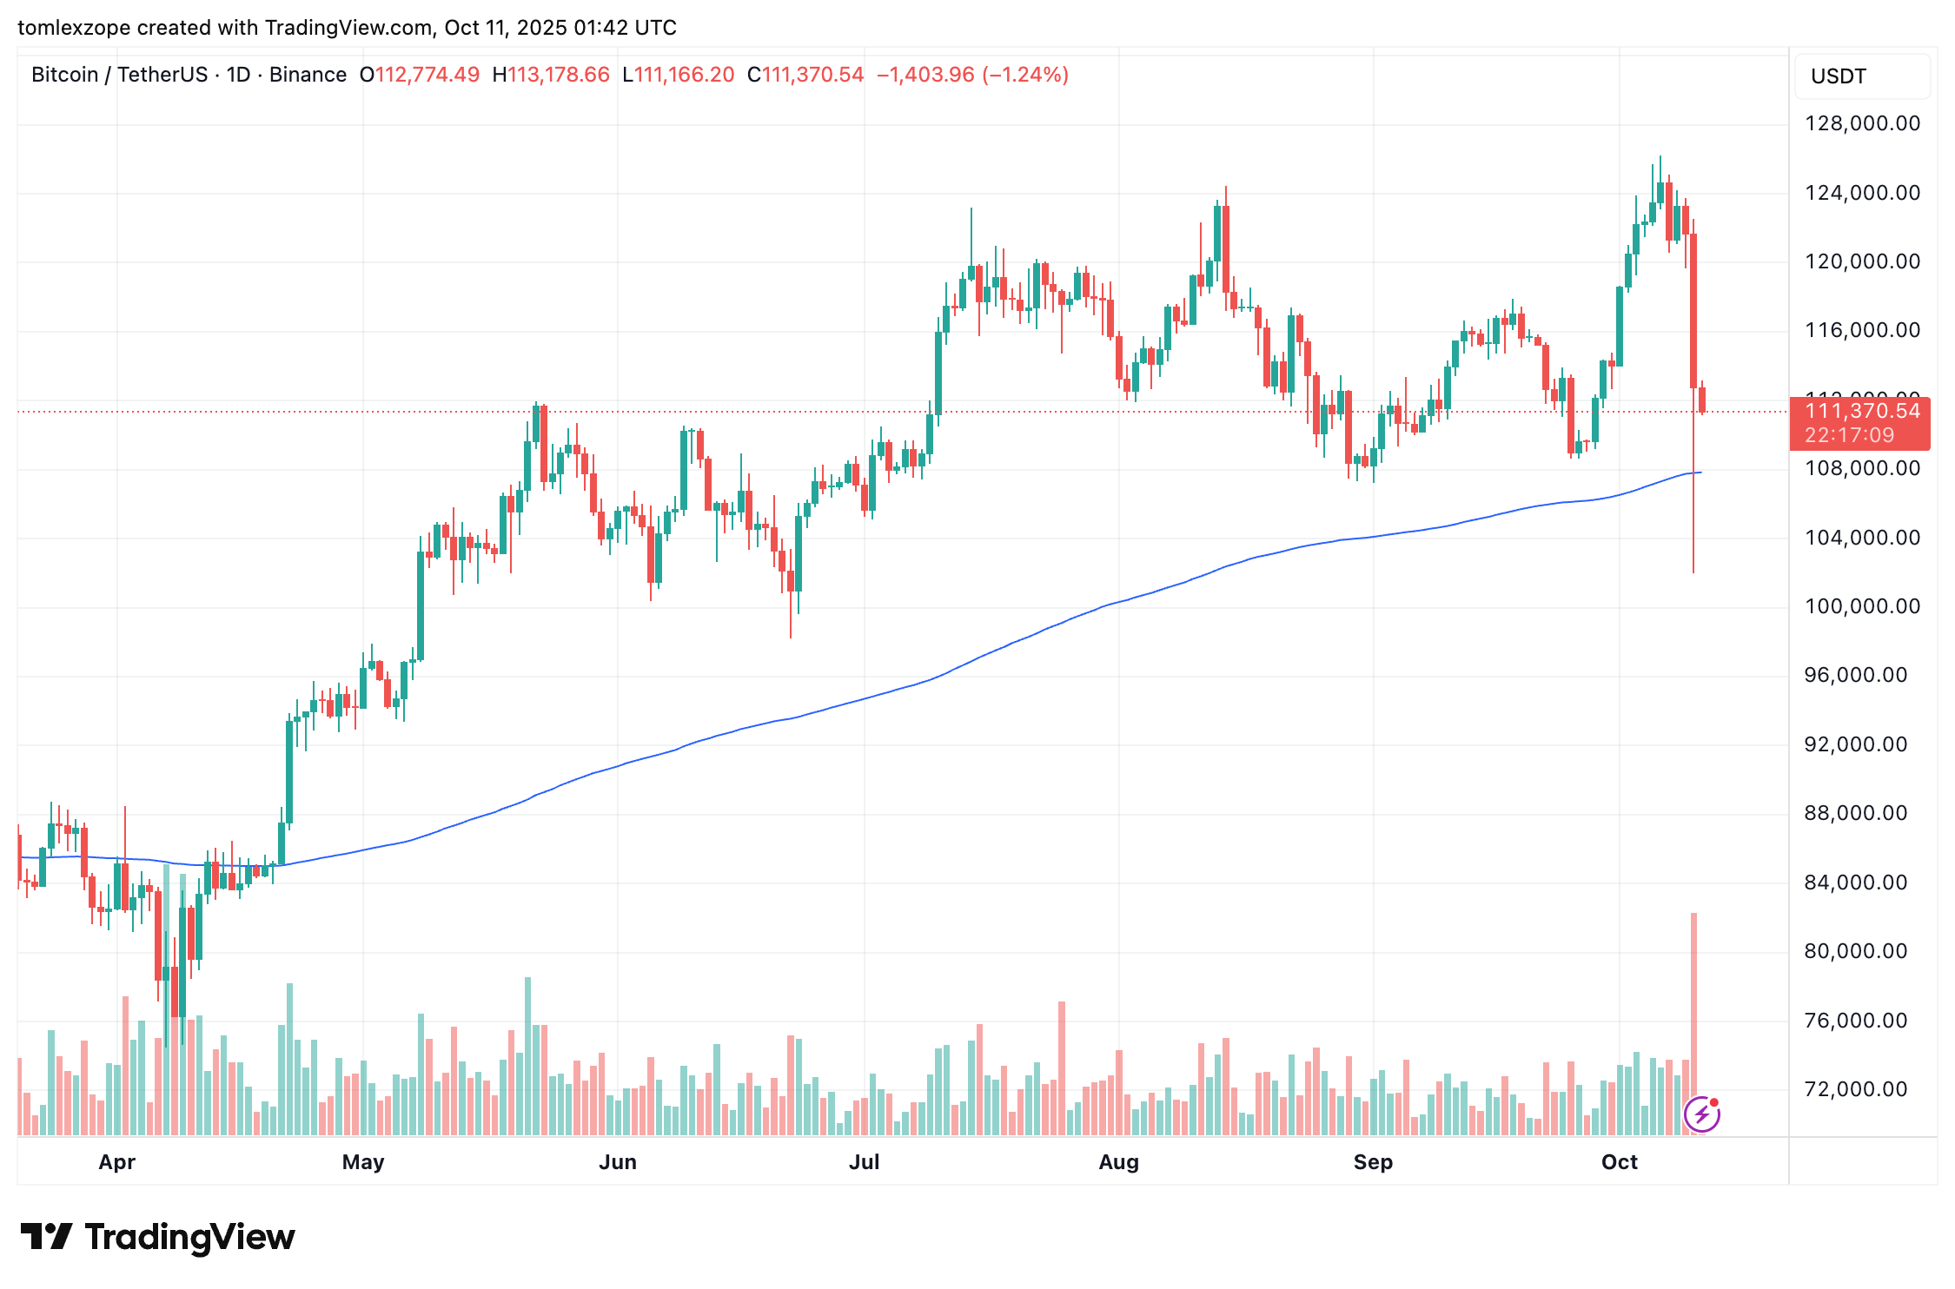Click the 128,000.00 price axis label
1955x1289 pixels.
click(1862, 123)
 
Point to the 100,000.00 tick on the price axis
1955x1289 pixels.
click(1862, 606)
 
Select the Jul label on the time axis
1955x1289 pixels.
click(864, 1162)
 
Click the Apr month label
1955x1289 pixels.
click(116, 1162)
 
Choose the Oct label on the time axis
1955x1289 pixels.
click(1619, 1162)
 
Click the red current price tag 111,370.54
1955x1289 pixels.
click(1862, 411)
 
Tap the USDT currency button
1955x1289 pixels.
click(1838, 76)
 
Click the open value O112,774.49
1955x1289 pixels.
click(420, 75)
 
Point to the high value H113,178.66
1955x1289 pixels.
click(551, 75)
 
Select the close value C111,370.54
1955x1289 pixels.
click(805, 75)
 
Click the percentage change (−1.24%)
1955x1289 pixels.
click(1025, 75)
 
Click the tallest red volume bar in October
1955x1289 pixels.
click(1693, 1025)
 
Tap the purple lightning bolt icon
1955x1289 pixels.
click(1701, 1114)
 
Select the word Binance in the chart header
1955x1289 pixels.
click(308, 75)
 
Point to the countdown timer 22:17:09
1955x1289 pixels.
click(1849, 435)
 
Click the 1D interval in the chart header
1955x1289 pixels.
click(238, 75)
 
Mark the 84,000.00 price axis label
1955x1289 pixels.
click(1862, 882)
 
